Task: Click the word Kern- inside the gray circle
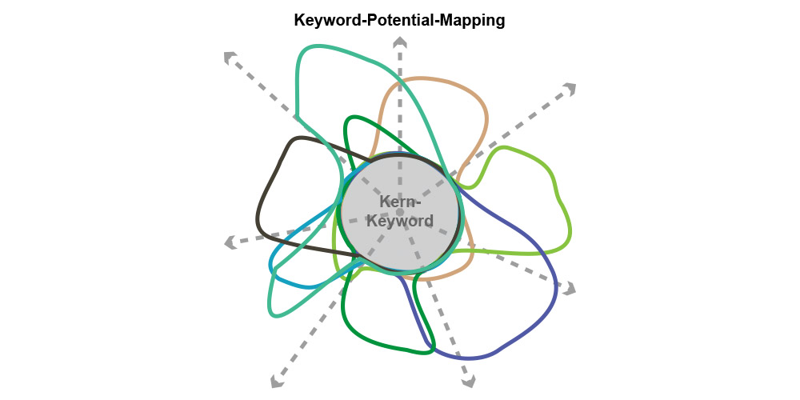coord(400,202)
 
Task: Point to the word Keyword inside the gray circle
coord(400,221)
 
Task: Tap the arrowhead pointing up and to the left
coord(230,57)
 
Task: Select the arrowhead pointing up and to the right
coord(569,88)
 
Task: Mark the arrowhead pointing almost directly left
coord(230,242)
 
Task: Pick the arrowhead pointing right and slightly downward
coord(569,288)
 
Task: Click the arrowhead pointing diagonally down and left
coord(277,381)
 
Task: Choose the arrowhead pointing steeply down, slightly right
coord(469,381)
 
